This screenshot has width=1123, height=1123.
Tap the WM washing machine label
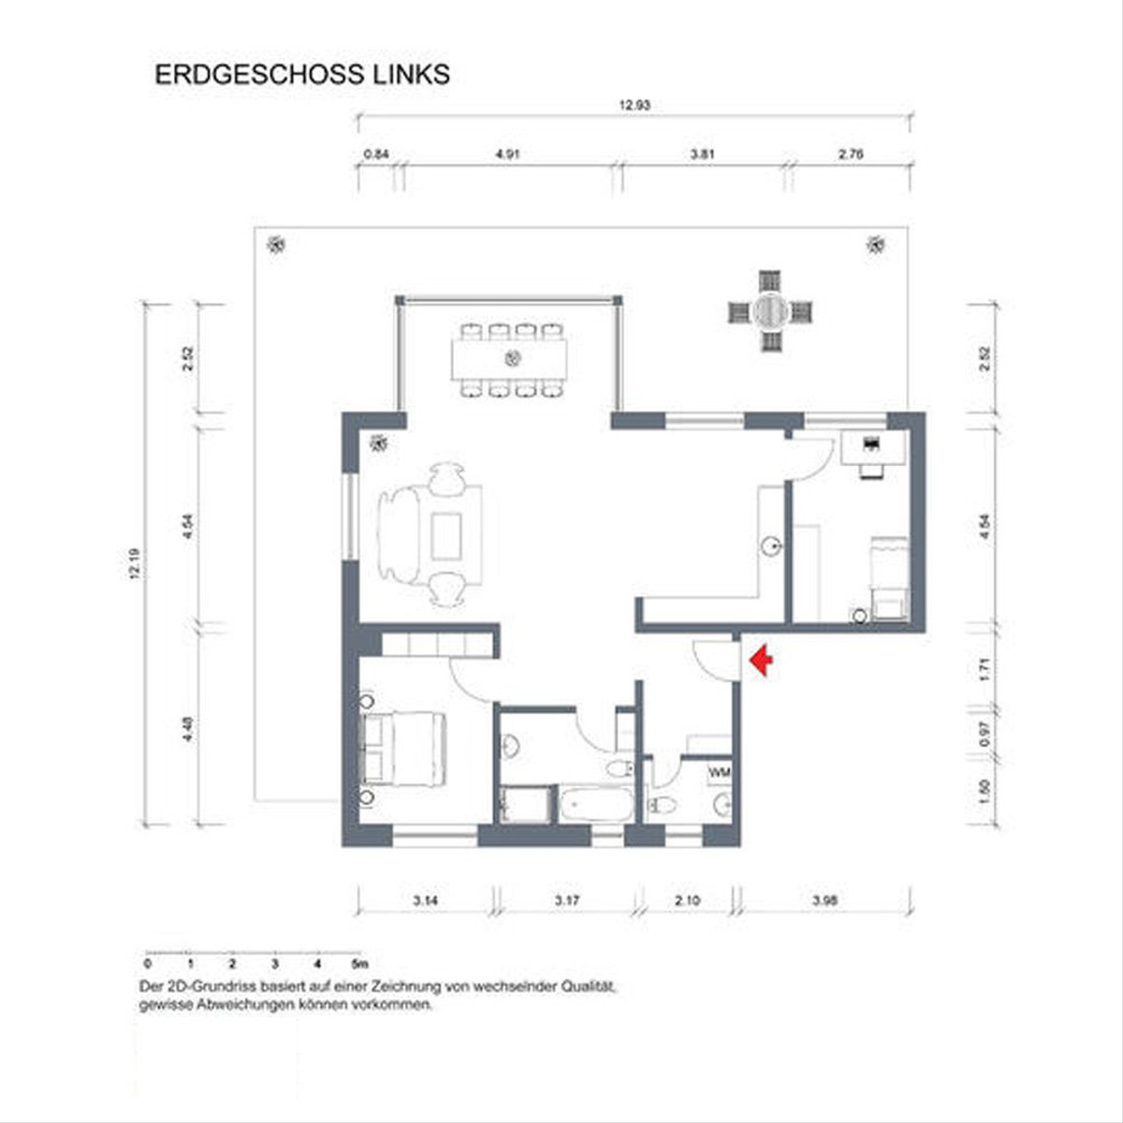click(720, 773)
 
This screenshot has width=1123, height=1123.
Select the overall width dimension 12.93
click(634, 106)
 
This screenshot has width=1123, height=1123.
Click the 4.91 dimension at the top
click(506, 154)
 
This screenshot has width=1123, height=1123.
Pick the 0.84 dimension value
click(375, 154)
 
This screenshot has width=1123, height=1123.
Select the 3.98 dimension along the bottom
click(824, 901)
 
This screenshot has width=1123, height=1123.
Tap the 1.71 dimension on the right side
click(984, 670)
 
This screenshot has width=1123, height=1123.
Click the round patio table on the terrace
click(770, 311)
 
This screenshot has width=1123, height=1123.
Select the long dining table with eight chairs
click(510, 358)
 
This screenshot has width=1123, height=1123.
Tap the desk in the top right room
click(874, 446)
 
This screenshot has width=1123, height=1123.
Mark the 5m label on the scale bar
click(359, 963)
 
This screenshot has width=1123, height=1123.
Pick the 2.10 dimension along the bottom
click(687, 901)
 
